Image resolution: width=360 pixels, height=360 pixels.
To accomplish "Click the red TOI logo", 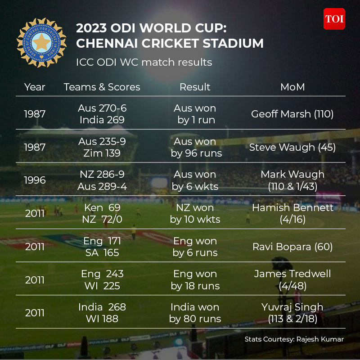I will tap(334, 19).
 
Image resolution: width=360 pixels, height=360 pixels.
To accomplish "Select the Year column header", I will tap(35, 87).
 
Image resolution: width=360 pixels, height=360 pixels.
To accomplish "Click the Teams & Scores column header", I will tap(102, 87).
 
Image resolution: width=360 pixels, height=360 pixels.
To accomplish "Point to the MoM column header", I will tap(292, 87).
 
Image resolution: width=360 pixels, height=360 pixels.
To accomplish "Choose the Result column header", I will tap(195, 87).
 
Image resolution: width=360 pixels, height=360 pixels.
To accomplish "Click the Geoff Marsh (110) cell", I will tap(292, 114).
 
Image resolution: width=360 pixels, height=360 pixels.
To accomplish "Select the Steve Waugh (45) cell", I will tap(292, 147).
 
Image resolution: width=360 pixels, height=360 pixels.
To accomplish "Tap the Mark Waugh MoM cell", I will tap(292, 180).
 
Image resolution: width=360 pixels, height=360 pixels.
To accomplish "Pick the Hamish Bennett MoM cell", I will tap(292, 213).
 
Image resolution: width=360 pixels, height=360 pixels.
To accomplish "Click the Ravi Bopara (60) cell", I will tap(292, 247).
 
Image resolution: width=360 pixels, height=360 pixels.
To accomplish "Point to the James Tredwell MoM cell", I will tap(292, 279).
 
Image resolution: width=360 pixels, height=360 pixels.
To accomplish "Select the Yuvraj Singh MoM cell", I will tap(292, 313).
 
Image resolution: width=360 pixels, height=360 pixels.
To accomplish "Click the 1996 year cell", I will tap(35, 180).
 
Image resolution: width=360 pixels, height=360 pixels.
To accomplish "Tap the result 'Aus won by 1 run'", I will tap(195, 114).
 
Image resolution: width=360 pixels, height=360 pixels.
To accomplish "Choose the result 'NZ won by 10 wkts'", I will tap(195, 213).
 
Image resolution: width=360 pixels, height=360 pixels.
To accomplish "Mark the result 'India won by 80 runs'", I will tap(195, 313).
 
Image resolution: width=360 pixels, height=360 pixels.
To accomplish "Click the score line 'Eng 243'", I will tap(102, 274).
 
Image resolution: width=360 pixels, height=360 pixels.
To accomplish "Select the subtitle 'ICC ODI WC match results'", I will tap(144, 62).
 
